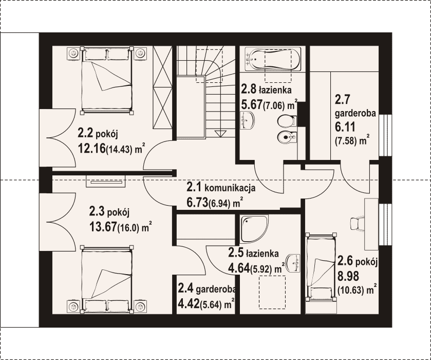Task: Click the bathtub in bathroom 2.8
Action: pos(273,59)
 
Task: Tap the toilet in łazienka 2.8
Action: pos(287,121)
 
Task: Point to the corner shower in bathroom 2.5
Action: pos(254,229)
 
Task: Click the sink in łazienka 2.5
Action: pos(293,263)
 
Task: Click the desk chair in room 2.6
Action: pos(358,223)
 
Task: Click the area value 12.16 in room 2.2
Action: pos(92,148)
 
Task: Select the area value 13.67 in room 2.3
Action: pos(103,227)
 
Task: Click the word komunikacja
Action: pos(230,188)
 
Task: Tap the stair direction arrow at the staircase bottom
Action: pos(220,134)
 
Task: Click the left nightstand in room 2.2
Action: pos(73,53)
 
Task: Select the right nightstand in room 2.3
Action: pos(140,307)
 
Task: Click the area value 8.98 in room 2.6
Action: pos(348,276)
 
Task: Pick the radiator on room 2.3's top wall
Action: pos(106,182)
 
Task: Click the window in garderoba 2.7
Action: pos(385,135)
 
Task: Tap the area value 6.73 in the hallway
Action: pos(197,203)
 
